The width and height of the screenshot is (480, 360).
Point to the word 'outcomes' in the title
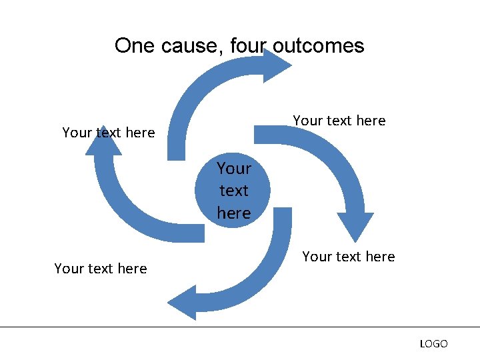tap(319, 46)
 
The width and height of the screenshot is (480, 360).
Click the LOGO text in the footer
tap(433, 344)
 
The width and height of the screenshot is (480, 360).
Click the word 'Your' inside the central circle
tap(233, 168)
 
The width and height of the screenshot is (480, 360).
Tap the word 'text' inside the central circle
tap(233, 191)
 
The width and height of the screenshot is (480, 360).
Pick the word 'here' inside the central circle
tap(233, 213)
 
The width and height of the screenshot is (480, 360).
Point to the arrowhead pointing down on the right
tap(355, 227)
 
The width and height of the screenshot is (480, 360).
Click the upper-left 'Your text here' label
tap(108, 133)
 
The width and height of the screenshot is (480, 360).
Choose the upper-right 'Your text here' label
tap(339, 121)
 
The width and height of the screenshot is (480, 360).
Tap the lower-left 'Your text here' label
tap(100, 269)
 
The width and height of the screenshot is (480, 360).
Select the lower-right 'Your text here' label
tap(348, 257)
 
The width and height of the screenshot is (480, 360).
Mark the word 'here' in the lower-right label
tap(380, 257)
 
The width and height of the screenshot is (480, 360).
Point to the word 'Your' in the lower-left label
tap(68, 269)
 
